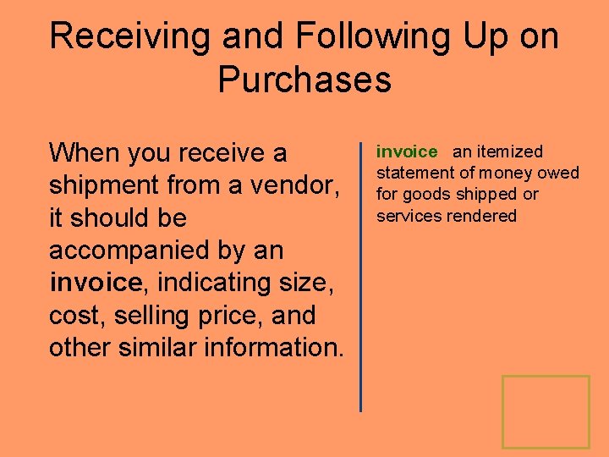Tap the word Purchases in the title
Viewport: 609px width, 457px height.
(x=304, y=80)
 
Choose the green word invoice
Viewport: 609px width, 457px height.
(x=407, y=152)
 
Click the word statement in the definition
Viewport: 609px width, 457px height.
(x=414, y=173)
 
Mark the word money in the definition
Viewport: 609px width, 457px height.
(x=516, y=173)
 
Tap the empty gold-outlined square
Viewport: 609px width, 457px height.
(x=546, y=412)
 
